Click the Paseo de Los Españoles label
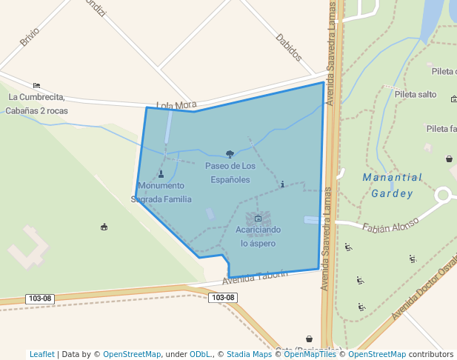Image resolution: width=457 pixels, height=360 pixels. pyautogui.click(x=230, y=173)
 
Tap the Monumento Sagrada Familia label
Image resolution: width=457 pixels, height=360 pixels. pyautogui.click(x=161, y=192)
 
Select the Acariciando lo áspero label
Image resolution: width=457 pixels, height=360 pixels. pyautogui.click(x=258, y=236)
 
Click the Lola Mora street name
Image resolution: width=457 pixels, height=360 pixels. pyautogui.click(x=176, y=106)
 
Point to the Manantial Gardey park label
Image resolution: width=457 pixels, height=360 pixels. pyautogui.click(x=392, y=185)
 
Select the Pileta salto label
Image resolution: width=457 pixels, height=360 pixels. pyautogui.click(x=416, y=94)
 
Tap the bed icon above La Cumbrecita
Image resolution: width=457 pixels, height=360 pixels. pyautogui.click(x=36, y=85)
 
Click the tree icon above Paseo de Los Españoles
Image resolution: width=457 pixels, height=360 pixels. pyautogui.click(x=230, y=154)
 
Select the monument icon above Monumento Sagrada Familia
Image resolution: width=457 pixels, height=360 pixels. pyautogui.click(x=161, y=174)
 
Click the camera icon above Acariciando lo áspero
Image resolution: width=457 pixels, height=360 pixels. pyautogui.click(x=258, y=219)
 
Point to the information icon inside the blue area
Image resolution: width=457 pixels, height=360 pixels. pyautogui.click(x=281, y=184)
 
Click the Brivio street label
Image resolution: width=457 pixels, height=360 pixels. pyautogui.click(x=30, y=37)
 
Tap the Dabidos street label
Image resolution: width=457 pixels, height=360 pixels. pyautogui.click(x=289, y=47)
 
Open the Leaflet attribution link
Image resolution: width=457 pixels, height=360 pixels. pyautogui.click(x=41, y=354)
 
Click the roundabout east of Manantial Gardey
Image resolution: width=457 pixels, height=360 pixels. pyautogui.click(x=443, y=196)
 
